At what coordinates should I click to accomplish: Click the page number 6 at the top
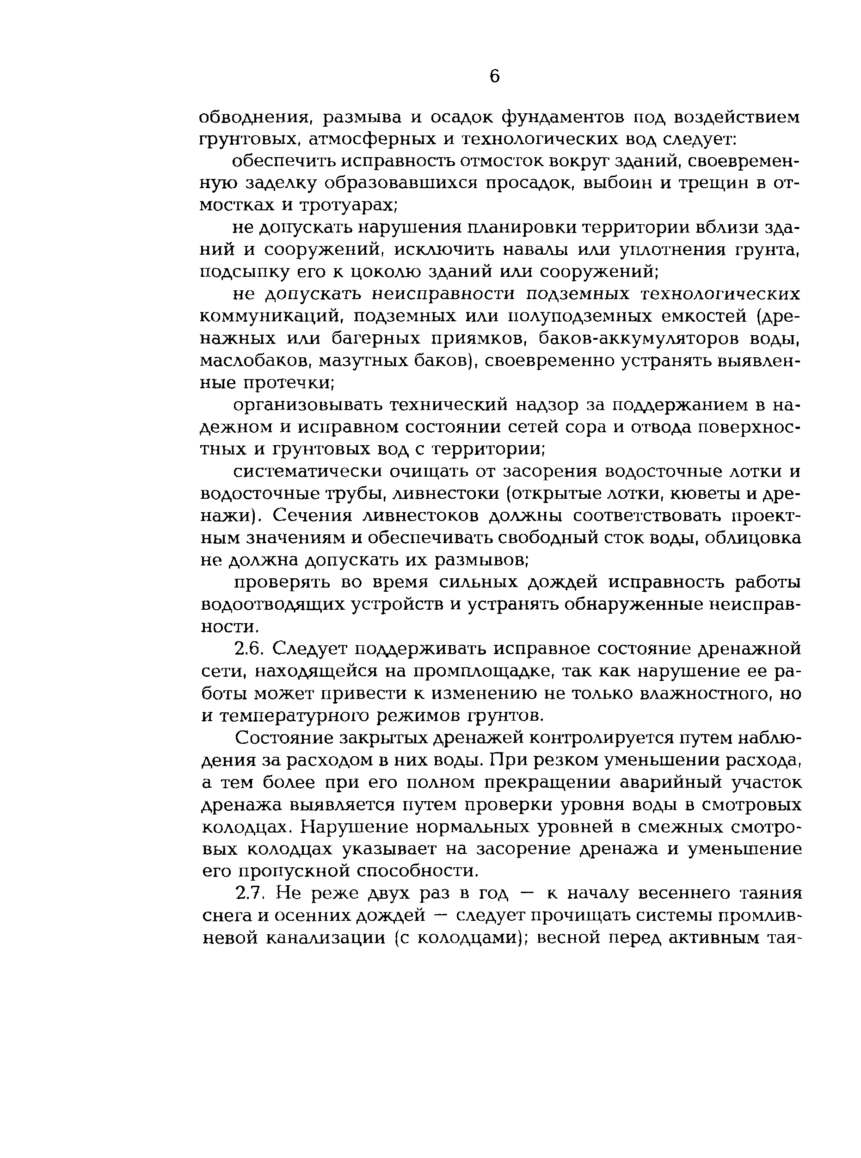coord(494,77)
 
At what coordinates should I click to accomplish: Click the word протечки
coord(288,383)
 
